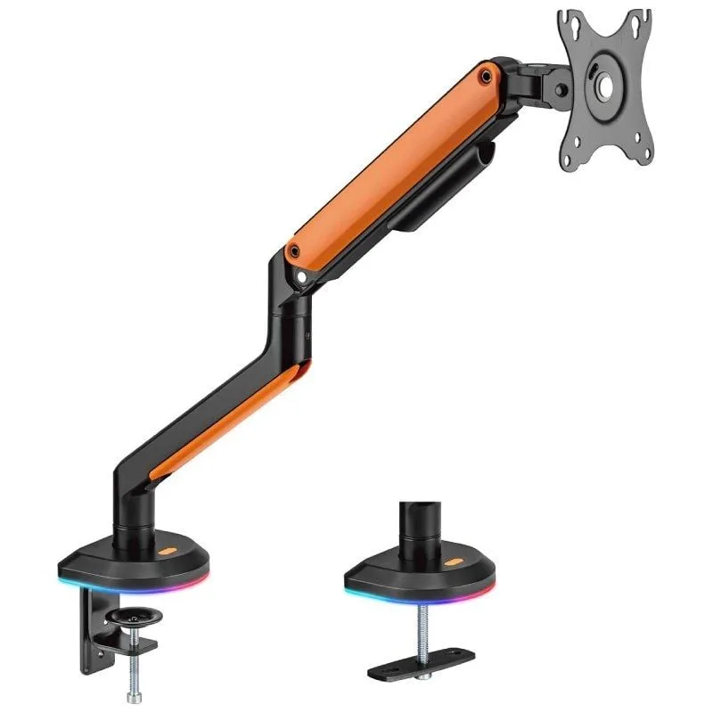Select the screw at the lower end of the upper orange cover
293,252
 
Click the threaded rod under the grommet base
416,624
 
